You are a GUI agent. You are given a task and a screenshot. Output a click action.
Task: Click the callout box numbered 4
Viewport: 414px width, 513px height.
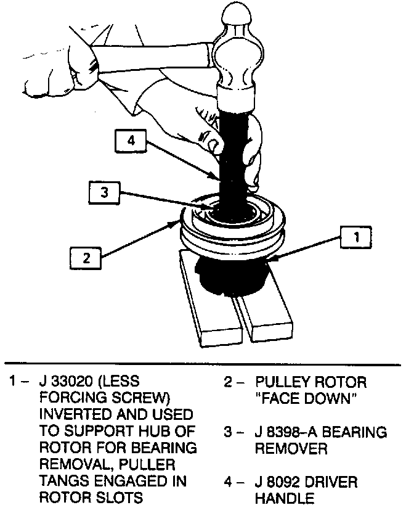click(x=130, y=141)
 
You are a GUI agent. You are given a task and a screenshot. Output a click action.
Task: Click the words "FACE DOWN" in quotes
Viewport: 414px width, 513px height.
click(x=306, y=398)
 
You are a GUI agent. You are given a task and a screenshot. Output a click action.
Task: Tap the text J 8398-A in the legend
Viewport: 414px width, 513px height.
click(x=286, y=432)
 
